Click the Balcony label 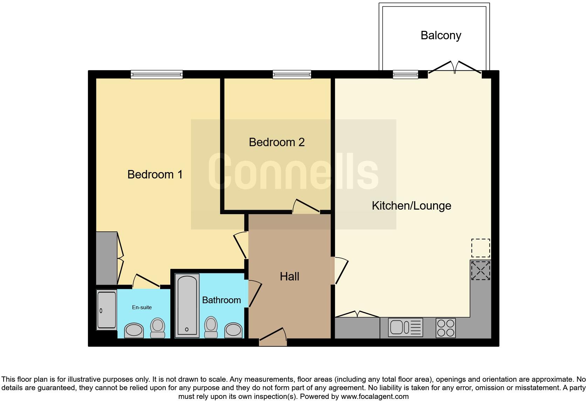click(x=441, y=35)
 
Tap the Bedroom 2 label click(x=277, y=142)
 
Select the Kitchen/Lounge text click(x=411, y=206)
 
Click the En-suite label click(x=142, y=307)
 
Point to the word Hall click(x=289, y=277)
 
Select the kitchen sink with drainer click(x=406, y=327)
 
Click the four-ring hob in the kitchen click(x=445, y=328)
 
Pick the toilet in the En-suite click(x=157, y=328)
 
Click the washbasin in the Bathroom click(x=233, y=330)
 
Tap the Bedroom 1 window click(x=157, y=74)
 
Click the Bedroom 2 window click(x=292, y=74)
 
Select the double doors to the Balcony click(x=455, y=68)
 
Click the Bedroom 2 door click(x=306, y=206)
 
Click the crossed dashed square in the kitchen click(x=480, y=271)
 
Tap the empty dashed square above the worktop click(x=480, y=248)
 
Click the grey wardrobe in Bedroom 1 click(x=107, y=258)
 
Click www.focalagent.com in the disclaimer click(x=374, y=397)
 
